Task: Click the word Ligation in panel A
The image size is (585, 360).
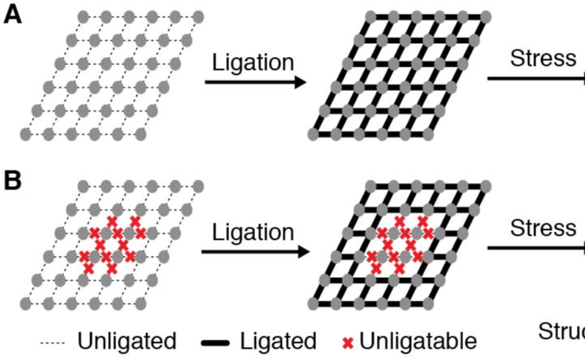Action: [x=252, y=62]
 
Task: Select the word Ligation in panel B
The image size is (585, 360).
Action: [x=252, y=232]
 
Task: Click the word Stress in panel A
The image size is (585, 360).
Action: [x=543, y=59]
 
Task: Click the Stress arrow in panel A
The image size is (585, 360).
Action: [x=536, y=79]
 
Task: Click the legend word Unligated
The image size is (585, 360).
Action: [x=127, y=340]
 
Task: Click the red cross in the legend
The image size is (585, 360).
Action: [x=347, y=342]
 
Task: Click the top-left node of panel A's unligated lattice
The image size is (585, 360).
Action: [x=84, y=16]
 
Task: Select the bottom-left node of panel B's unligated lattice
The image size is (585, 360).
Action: [x=25, y=303]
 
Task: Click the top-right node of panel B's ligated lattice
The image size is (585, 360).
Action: [x=486, y=186]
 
